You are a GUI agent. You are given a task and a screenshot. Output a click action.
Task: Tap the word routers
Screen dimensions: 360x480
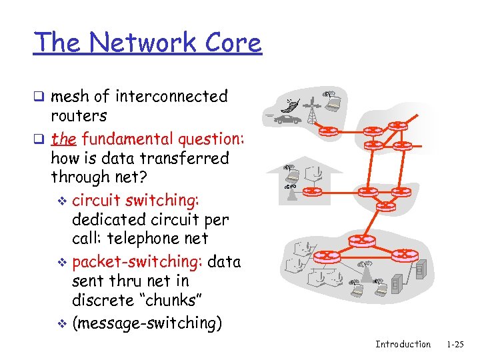click(79, 116)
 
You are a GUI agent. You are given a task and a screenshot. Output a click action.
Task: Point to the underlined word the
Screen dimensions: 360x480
click(63, 139)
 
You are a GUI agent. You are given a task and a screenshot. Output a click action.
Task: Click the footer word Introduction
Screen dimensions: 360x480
click(403, 344)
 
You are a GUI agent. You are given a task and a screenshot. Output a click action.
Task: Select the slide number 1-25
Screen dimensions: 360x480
click(455, 344)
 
